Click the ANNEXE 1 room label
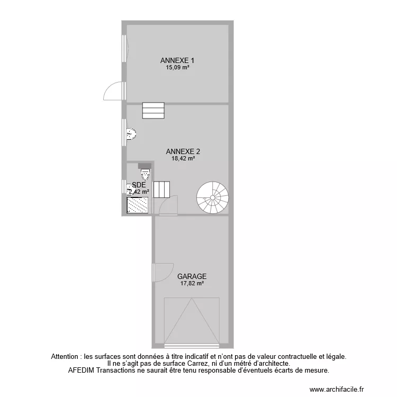[x=177, y=60]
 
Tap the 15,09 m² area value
[x=177, y=67]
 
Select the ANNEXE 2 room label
[x=182, y=151]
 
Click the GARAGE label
[x=192, y=276]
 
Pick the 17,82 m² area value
[x=192, y=283]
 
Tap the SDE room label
[x=139, y=185]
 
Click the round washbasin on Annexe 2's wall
[x=131, y=134]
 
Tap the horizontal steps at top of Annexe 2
[x=153, y=111]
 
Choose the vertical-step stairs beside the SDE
[x=161, y=189]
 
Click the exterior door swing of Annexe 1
[x=114, y=91]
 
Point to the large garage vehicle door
[x=191, y=320]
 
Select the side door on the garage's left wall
[x=163, y=272]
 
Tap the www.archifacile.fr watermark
[x=337, y=390]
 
